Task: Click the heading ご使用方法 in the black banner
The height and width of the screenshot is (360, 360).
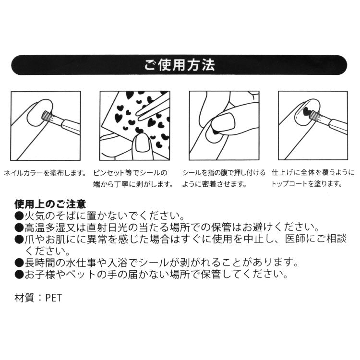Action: (x=180, y=66)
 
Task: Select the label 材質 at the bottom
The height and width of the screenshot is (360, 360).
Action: (x=24, y=298)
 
